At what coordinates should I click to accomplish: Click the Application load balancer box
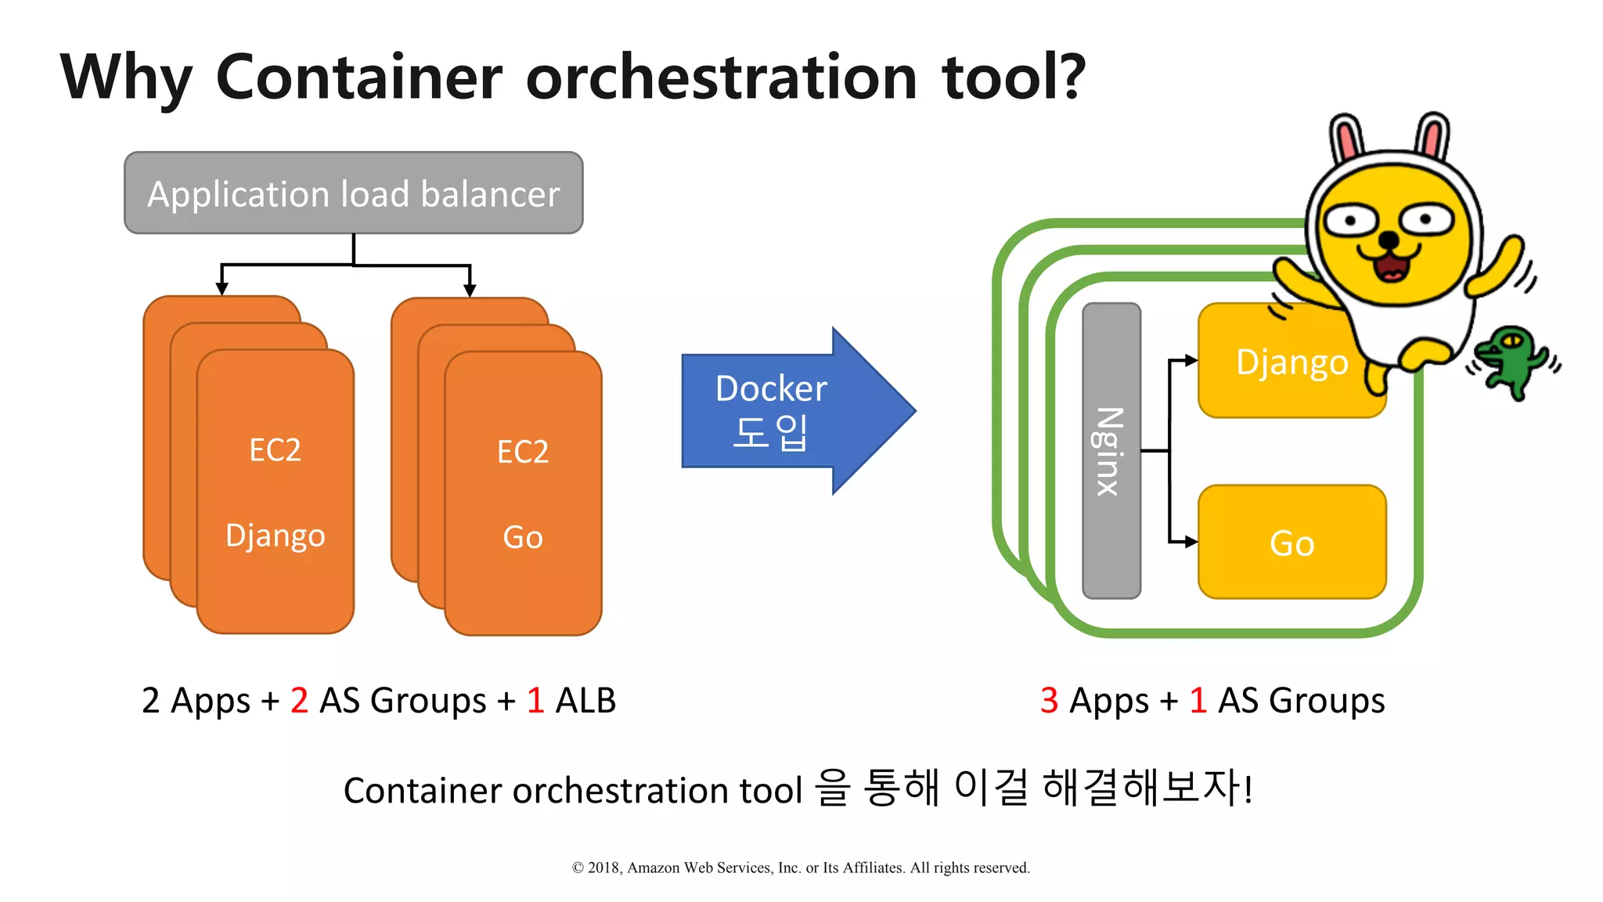[x=353, y=193]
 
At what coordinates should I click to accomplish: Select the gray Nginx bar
[x=1111, y=451]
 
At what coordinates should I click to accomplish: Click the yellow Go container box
[x=1291, y=542]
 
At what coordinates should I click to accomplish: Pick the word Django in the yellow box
[x=1291, y=363]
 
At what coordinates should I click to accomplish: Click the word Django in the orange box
[x=275, y=536]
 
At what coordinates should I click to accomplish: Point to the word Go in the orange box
[x=523, y=538]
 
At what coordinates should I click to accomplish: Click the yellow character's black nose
[x=1388, y=239]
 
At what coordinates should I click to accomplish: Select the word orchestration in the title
[x=721, y=78]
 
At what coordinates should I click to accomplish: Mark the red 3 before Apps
[x=1049, y=700]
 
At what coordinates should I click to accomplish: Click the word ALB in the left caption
[x=585, y=700]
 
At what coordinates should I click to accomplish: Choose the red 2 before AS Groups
[x=299, y=700]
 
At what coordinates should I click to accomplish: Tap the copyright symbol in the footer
[x=578, y=868]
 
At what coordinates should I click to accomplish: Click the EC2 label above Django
[x=275, y=450]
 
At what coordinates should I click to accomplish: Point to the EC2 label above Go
[x=523, y=452]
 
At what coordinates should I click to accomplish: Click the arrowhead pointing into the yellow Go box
[x=1191, y=542]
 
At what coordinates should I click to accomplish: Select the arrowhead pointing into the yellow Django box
[x=1191, y=360]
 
